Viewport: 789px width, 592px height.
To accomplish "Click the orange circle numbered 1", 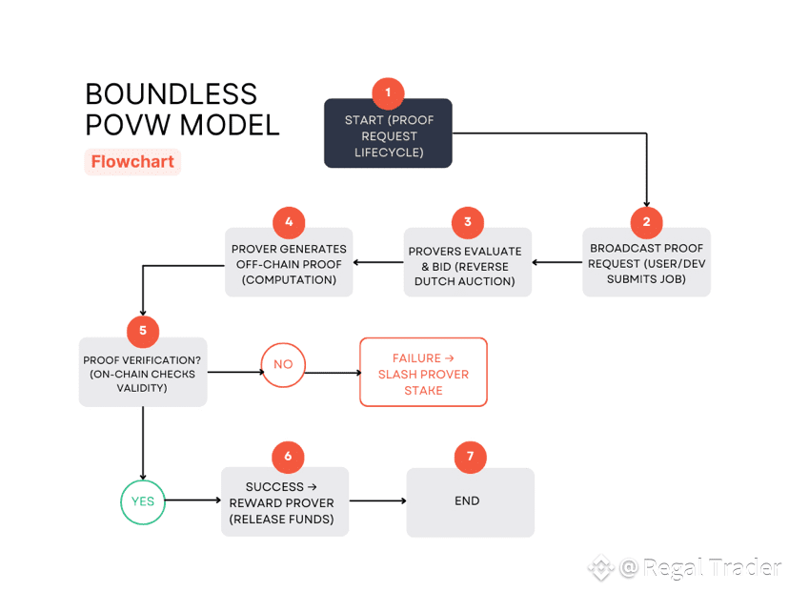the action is pos(388,93).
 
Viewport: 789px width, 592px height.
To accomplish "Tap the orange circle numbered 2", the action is pos(646,223).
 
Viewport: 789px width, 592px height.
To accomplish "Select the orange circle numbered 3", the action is pos(467,223).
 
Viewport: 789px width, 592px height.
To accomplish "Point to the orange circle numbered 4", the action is pos(288,223).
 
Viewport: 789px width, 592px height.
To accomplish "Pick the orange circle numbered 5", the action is pos(143,331).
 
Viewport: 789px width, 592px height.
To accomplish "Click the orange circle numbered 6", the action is pos(288,456).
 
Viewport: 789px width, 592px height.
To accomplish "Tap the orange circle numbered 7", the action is pos(470,456).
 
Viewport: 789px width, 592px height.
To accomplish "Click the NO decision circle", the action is pos(283,364).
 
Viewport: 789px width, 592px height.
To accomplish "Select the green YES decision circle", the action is pos(142,500).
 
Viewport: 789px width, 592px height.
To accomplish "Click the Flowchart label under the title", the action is pos(132,161).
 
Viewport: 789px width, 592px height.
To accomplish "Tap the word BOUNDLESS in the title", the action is pos(172,94).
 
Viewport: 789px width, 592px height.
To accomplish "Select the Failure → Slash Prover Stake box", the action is pos(423,374).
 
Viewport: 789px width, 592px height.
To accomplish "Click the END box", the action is pos(470,503).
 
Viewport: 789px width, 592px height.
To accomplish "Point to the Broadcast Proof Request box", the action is pos(646,265).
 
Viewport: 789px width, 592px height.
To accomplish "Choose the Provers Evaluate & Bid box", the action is pos(467,265).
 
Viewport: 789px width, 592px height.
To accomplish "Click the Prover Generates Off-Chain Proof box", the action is pos(288,265).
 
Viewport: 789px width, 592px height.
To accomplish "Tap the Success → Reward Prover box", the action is pos(284,503).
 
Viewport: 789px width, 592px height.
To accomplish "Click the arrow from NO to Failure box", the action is pos(332,374).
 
